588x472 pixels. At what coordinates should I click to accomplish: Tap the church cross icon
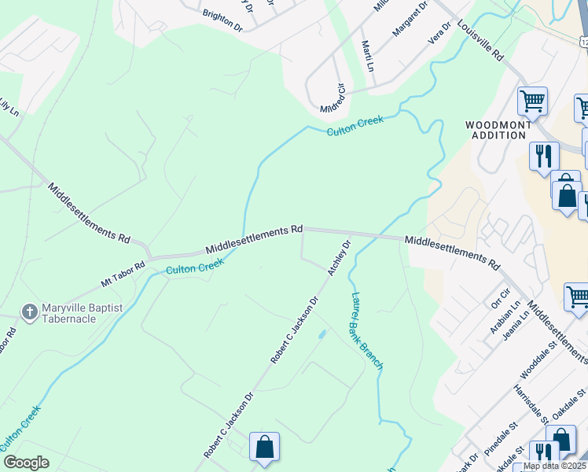29,312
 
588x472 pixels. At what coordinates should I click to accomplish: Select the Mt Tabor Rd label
123,272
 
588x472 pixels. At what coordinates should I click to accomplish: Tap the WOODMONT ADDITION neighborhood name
495,130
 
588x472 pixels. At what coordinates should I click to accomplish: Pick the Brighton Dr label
222,20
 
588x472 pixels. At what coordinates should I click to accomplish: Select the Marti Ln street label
367,57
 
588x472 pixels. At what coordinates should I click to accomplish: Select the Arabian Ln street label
505,316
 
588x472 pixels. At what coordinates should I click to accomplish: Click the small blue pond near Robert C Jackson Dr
321,335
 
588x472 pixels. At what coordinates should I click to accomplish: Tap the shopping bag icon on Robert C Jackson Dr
265,447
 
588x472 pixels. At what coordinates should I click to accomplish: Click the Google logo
26,463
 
